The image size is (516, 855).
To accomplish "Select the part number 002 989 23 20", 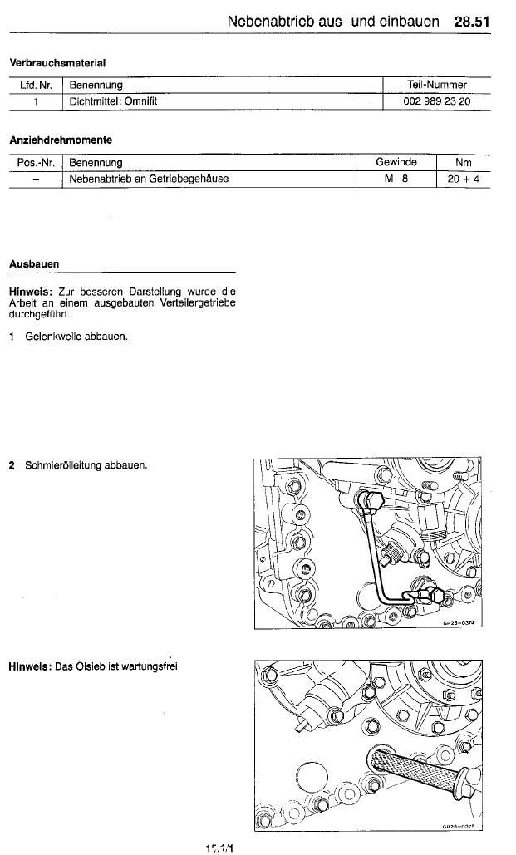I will pos(436,101).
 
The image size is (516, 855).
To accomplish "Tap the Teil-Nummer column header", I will pos(437,85).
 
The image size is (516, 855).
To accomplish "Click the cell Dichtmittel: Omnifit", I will pos(114,101).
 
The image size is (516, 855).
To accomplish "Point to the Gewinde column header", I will pos(396,162).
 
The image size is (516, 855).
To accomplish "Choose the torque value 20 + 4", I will pos(464,179).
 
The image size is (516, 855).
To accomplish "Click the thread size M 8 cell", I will pos(396,179).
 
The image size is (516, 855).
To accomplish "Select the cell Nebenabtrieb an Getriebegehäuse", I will pos(149,179).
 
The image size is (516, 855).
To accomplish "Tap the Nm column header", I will pos(464,162).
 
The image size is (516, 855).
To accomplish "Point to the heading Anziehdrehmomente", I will pos(60,140).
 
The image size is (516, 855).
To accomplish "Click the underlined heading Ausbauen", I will pos(33,263).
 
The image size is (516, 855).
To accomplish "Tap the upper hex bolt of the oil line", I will pos(371,499).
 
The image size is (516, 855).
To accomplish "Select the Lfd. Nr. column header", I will pos(36,85).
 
